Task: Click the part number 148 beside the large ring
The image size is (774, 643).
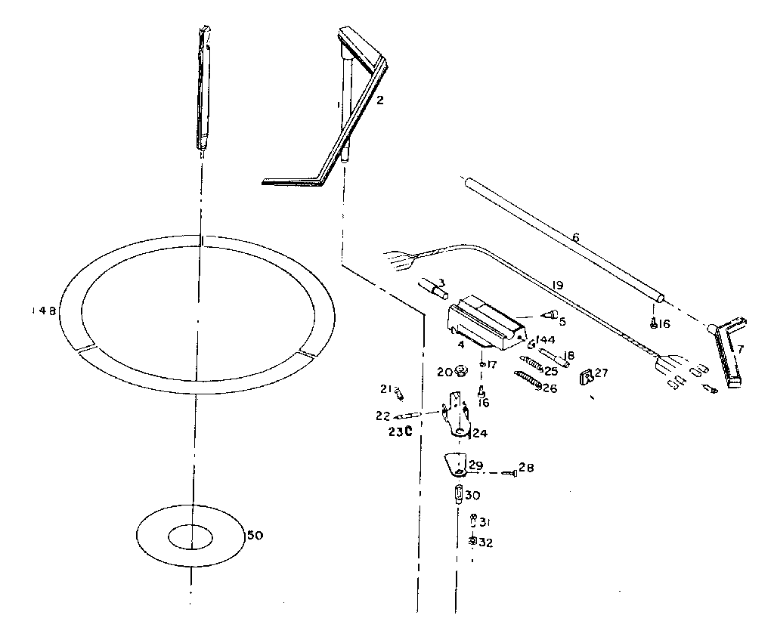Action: coord(43,311)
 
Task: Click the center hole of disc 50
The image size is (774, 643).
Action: coord(191,537)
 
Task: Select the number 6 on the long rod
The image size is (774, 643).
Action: coord(575,237)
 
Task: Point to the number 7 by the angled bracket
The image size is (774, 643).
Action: coord(741,349)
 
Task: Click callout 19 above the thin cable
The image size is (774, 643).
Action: coord(557,286)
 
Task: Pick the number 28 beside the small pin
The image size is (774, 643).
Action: coord(526,468)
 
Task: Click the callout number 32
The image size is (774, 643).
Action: coord(485,543)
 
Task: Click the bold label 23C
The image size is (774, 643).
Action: coord(400,432)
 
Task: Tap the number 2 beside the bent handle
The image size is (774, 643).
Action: coord(380,100)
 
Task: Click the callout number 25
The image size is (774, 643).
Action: coord(551,371)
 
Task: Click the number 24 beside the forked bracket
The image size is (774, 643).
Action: coord(479,434)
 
